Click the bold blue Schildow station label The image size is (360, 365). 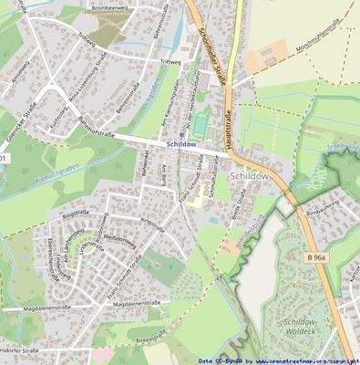click(182, 145)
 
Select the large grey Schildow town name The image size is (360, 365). click(250, 175)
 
